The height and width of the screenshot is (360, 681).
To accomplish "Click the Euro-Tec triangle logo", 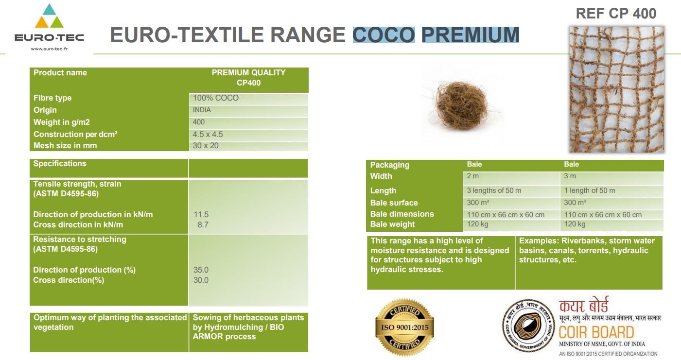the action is coord(49,16).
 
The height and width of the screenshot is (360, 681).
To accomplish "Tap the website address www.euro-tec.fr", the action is coord(49,49).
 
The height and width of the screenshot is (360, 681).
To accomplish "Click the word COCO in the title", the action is coord(384,34).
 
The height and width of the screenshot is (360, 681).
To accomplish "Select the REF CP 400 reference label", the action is coord(616,14).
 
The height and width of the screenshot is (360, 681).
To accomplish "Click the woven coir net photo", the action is coord(616,89).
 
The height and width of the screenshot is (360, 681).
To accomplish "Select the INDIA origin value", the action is coord(202,110).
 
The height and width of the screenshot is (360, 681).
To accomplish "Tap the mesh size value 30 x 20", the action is coord(206,146).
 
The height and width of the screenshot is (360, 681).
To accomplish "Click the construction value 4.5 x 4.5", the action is coord(208,134).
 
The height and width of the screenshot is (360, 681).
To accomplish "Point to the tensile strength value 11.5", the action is coord(201,214).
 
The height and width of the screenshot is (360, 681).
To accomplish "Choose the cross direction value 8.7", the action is coord(203,225).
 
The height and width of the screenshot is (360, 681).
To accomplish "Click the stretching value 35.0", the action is coord(201,270).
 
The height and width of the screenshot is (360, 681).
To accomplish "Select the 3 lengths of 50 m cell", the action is coord(494,190).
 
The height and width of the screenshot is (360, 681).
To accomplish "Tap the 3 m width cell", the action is coord(570,176).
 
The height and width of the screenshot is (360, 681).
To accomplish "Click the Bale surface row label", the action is coord(394,203).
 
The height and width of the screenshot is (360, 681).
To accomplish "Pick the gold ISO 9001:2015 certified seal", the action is coord(404,327).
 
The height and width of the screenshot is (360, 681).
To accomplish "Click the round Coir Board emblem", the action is coord(528,326).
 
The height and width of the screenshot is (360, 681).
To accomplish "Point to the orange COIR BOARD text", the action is coord(596,332).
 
